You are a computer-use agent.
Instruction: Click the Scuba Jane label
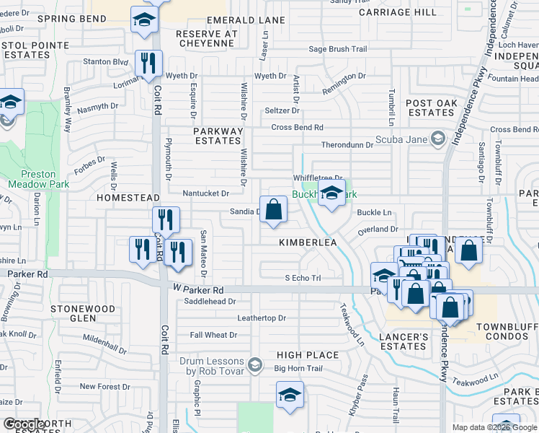click(400, 139)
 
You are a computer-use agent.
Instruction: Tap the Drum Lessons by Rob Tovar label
click(216, 366)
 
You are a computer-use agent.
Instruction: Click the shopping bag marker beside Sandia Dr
click(274, 210)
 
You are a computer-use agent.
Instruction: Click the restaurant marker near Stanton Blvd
click(149, 64)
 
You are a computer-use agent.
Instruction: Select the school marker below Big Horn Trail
click(290, 395)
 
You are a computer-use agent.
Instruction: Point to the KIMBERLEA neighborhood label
click(308, 243)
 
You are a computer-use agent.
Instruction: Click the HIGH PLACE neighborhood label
click(308, 355)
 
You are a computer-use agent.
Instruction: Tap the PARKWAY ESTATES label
click(218, 136)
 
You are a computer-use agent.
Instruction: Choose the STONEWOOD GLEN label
click(83, 313)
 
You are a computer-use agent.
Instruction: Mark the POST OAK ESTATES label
click(431, 108)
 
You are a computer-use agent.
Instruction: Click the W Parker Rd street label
click(197, 289)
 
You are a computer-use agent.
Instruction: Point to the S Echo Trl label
click(302, 278)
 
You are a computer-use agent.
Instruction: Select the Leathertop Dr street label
click(262, 318)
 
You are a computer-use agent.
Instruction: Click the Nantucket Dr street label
click(205, 193)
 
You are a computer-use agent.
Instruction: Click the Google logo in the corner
click(24, 425)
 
